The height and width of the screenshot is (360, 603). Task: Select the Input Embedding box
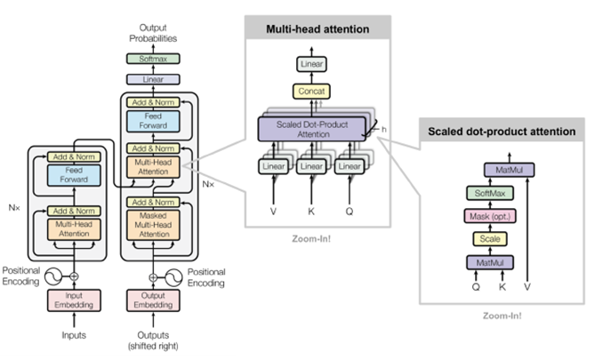74,300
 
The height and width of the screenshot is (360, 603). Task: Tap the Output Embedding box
154,300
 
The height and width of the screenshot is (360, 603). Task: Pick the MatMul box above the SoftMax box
503,169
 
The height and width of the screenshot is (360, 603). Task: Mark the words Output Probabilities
154,33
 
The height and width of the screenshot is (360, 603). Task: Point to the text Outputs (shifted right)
154,340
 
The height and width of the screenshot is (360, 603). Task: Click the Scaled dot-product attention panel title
501,132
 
